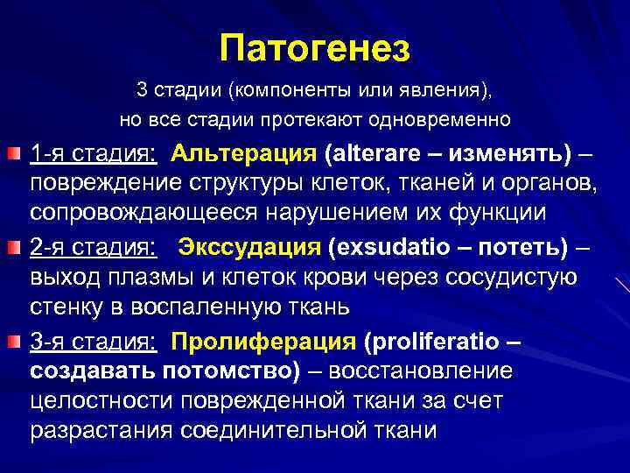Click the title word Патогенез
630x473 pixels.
pyautogui.click(x=315, y=48)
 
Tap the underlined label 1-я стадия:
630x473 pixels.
pyautogui.click(x=94, y=154)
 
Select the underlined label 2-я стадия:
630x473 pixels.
pyautogui.click(x=94, y=247)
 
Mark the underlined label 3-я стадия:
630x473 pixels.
pyautogui.click(x=94, y=339)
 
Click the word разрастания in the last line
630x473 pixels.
pyautogui.click(x=102, y=432)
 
